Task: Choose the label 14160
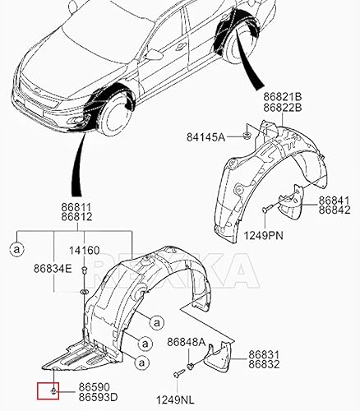[x=83, y=251]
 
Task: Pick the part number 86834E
[x=53, y=268]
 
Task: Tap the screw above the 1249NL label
[x=177, y=374]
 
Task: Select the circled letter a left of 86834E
[x=16, y=246]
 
